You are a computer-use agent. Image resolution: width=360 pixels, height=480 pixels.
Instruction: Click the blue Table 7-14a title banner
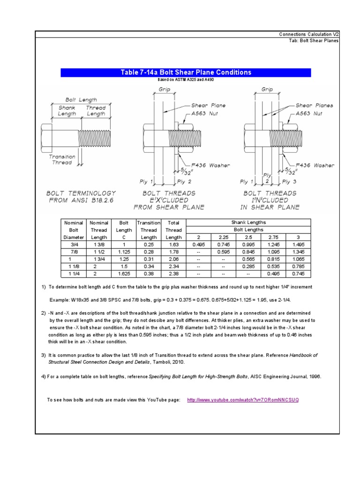[186, 72]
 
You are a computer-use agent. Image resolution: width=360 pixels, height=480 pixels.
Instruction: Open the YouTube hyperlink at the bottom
[242, 400]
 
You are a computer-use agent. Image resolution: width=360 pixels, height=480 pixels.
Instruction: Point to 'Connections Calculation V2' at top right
[308, 34]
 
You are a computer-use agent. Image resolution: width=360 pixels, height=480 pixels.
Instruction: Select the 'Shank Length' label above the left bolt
[67, 111]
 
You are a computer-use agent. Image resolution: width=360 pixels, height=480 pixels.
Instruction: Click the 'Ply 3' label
[289, 181]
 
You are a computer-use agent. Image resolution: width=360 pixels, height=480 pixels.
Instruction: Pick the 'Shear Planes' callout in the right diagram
[314, 105]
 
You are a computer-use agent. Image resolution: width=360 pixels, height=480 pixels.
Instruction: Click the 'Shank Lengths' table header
[248, 223]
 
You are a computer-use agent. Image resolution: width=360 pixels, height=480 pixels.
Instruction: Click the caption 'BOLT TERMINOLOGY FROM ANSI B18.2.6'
[81, 197]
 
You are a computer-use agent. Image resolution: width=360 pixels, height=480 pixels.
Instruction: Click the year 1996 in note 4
[314, 376]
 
